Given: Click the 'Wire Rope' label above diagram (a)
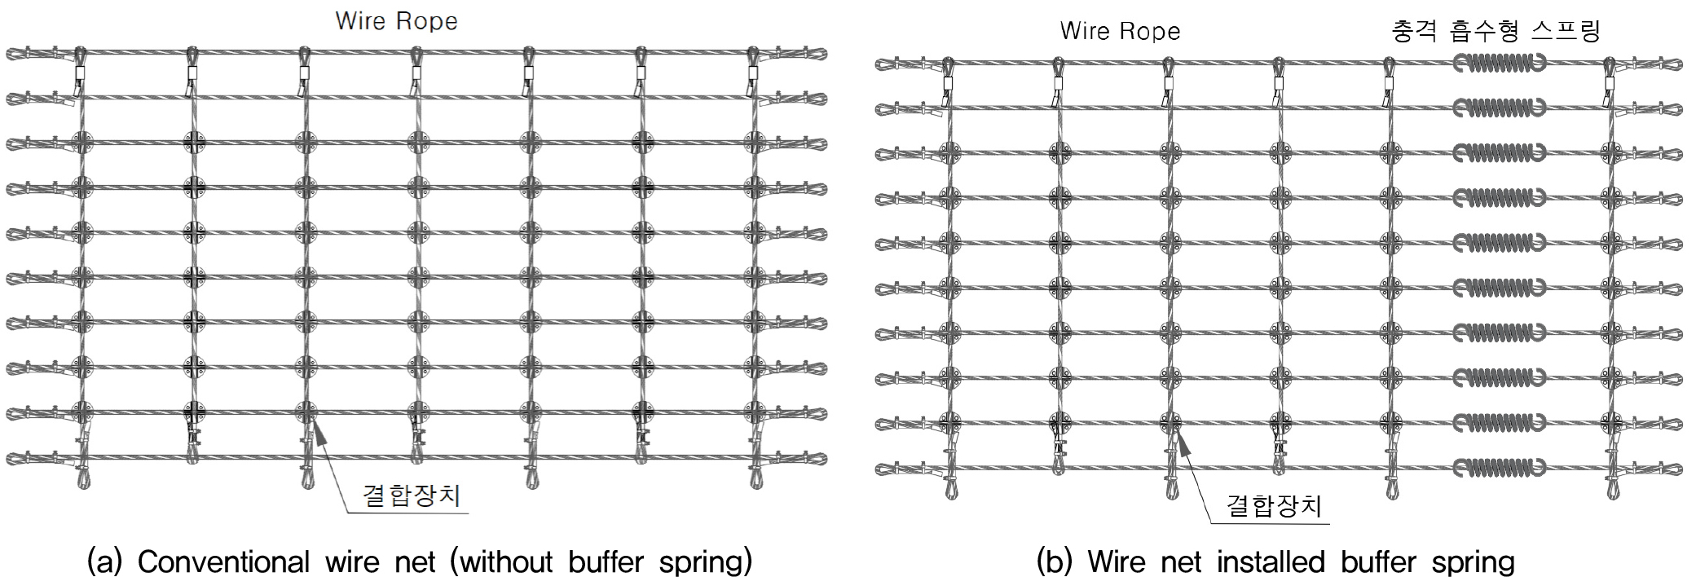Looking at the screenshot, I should point(396,21).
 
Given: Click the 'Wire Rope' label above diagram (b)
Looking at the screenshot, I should point(1120,32).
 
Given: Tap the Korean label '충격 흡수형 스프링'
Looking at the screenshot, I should point(1496,31).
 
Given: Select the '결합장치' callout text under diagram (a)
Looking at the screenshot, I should point(412,495).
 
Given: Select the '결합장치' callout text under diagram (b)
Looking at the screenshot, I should point(1274,506).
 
